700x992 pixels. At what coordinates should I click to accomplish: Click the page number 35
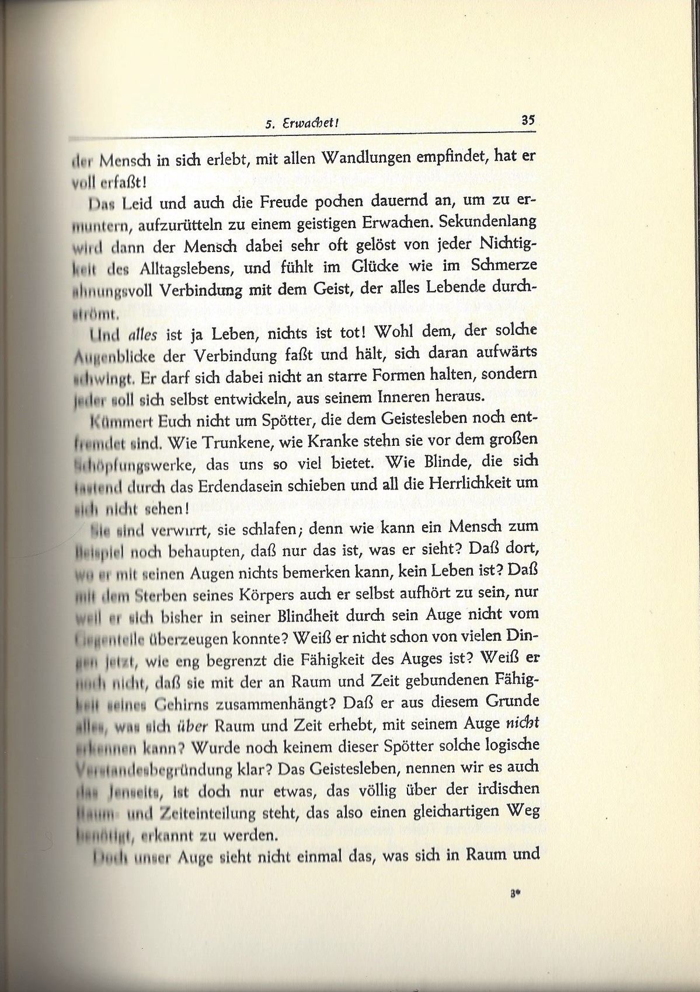point(528,121)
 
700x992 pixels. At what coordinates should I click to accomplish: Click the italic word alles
point(143,334)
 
